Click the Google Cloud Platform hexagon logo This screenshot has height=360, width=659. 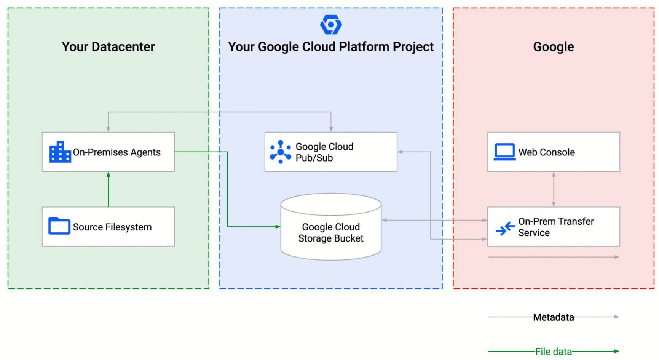coord(331,25)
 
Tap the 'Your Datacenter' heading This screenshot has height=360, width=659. coord(108,46)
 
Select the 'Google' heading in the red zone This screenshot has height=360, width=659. coord(553,46)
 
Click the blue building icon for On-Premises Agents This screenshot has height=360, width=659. coord(60,152)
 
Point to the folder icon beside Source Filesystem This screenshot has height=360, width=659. coord(59,226)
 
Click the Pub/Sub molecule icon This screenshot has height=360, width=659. coord(280,152)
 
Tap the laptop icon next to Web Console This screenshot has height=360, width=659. coord(504,152)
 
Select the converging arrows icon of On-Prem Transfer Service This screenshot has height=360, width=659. coord(505,229)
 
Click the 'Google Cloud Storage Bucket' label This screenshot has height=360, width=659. coord(331,232)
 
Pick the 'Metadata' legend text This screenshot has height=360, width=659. coord(553,317)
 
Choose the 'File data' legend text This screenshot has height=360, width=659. coord(553,351)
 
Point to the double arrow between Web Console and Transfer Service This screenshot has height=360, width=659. coord(554,189)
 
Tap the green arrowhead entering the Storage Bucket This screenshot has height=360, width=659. coord(278,227)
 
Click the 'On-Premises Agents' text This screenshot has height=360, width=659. coord(116,152)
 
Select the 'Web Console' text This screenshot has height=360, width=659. coord(546,152)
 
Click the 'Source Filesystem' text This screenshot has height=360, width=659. coord(112,227)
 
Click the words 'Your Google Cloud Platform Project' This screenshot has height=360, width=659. coord(330,46)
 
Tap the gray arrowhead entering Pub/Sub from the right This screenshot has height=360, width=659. coord(400,152)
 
